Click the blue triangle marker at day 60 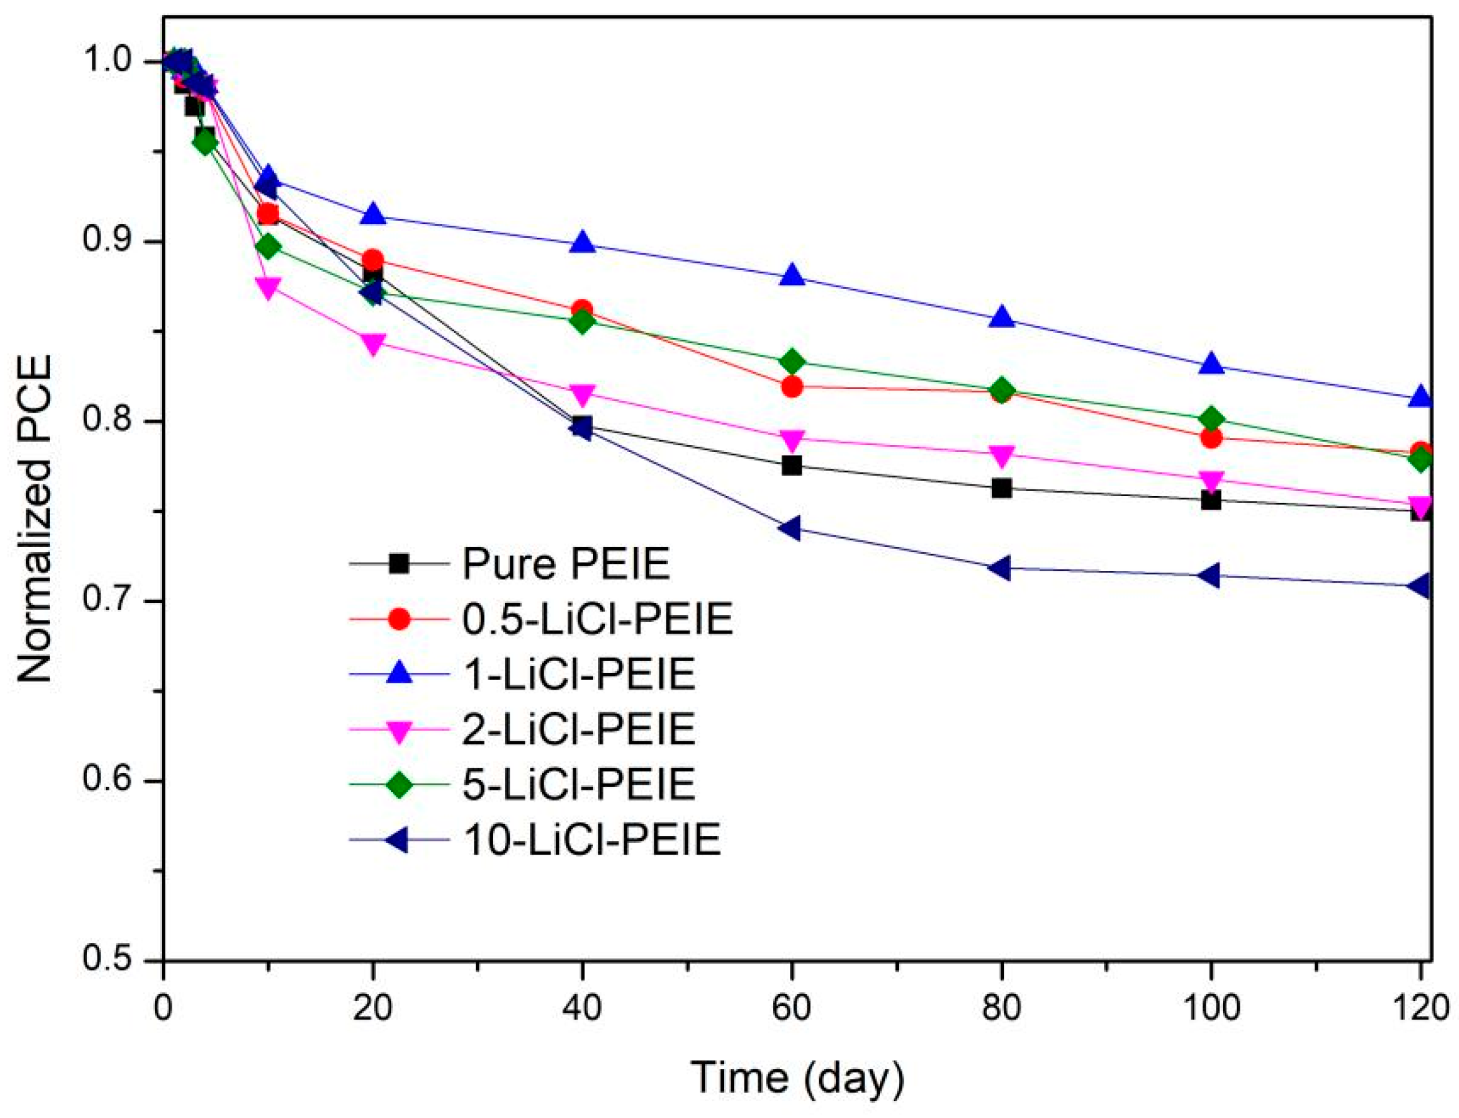[x=792, y=275]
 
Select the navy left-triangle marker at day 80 [x=1000, y=568]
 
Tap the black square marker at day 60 [x=792, y=465]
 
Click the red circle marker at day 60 [x=792, y=387]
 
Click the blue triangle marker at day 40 [x=582, y=243]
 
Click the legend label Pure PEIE [x=566, y=563]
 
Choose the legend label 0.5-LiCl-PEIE [x=598, y=619]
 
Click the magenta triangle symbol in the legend [x=398, y=730]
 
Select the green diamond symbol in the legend [x=398, y=785]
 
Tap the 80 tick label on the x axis [x=1001, y=1008]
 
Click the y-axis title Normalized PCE [x=35, y=519]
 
